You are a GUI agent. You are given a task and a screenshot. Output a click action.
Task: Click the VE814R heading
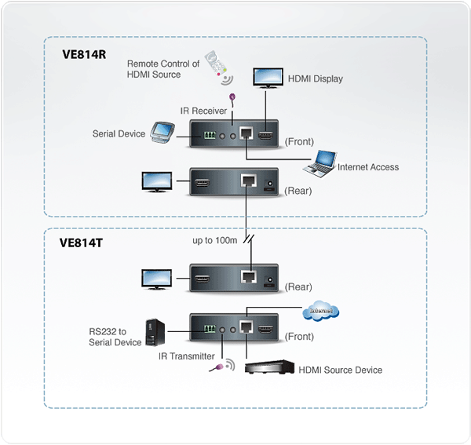click(x=84, y=55)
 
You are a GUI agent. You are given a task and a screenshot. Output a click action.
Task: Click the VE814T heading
click(x=81, y=243)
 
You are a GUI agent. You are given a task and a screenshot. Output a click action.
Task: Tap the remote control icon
click(x=218, y=67)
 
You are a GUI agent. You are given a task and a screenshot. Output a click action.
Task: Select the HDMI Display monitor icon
click(x=268, y=78)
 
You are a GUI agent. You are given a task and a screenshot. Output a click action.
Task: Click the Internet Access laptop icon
click(x=319, y=164)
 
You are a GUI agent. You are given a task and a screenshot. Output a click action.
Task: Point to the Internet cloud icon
click(x=321, y=311)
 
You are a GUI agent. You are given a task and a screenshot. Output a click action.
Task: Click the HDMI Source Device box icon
click(x=269, y=367)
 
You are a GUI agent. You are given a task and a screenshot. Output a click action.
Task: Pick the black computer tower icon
click(x=155, y=333)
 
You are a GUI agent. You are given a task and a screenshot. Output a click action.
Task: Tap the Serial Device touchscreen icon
click(x=162, y=132)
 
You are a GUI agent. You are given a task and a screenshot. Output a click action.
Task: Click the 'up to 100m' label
click(x=215, y=240)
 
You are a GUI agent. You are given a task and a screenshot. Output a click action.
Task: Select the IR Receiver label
click(x=203, y=111)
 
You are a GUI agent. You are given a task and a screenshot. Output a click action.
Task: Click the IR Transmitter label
click(x=187, y=356)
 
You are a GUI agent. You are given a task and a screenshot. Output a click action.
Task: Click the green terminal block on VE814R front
click(x=210, y=135)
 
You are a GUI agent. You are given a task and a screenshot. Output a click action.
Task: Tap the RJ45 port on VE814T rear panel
click(x=248, y=277)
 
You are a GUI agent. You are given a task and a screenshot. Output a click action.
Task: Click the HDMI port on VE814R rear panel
click(x=203, y=183)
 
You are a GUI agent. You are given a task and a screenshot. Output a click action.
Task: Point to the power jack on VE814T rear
click(x=270, y=280)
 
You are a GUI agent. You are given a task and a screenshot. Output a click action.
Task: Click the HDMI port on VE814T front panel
click(x=266, y=330)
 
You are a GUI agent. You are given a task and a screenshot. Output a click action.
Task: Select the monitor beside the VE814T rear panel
click(x=157, y=279)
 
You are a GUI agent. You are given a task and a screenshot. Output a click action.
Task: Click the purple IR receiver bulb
click(x=232, y=97)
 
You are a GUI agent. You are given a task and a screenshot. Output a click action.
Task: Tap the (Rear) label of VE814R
click(x=298, y=191)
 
